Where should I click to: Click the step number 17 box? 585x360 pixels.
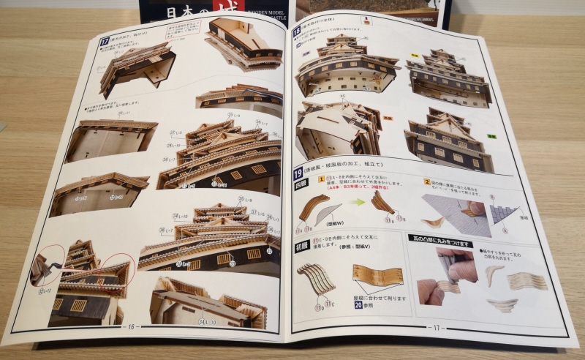[105, 41]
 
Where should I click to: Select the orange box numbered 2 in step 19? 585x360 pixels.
[426, 181]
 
